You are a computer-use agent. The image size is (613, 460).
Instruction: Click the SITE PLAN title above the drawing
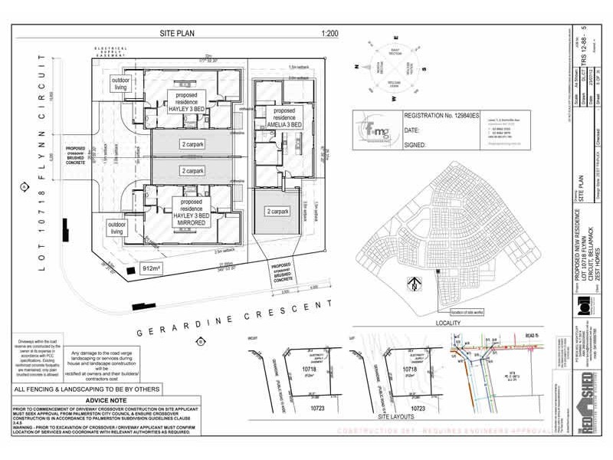(x=179, y=34)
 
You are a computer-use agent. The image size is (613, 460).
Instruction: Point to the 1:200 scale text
(x=331, y=34)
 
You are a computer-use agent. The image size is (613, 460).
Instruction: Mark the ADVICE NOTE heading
(x=107, y=400)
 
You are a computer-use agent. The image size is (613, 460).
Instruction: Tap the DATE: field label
(x=412, y=130)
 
